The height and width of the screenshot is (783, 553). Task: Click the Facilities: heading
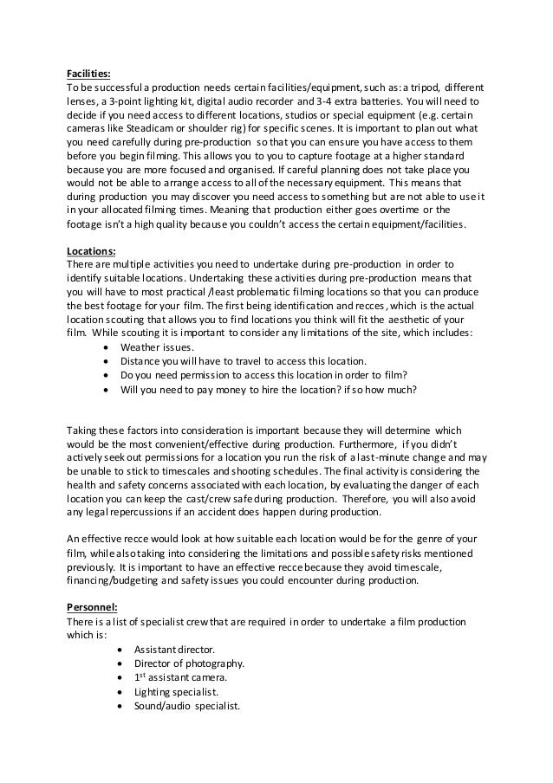[91, 73]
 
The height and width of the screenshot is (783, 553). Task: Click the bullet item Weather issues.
[158, 345]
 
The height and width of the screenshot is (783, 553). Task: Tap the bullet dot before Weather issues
[106, 345]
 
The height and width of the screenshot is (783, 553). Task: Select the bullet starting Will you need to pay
[269, 389]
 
